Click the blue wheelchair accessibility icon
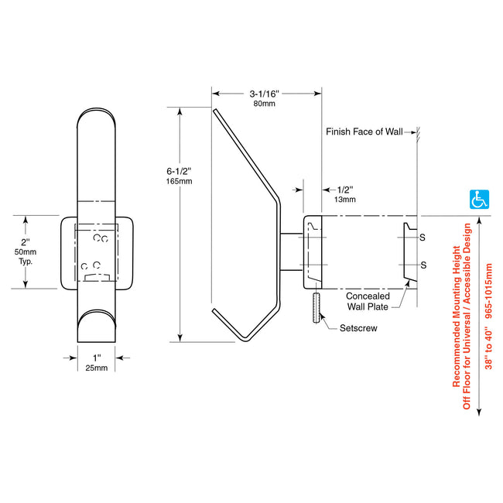click(x=481, y=199)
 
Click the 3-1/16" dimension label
click(x=265, y=94)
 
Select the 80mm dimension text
click(x=265, y=104)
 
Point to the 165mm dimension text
click(x=179, y=181)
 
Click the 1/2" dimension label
click(x=347, y=189)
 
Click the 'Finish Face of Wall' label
click(x=364, y=132)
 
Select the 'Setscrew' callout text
click(x=359, y=328)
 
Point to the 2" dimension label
click(x=29, y=241)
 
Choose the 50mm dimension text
click(x=29, y=252)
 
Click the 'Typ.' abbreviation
click(x=29, y=262)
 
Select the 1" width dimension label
click(x=96, y=357)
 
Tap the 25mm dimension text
click(x=96, y=368)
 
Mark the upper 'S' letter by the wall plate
click(x=422, y=238)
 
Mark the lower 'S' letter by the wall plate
click(x=422, y=265)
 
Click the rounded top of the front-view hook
click(x=97, y=124)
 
